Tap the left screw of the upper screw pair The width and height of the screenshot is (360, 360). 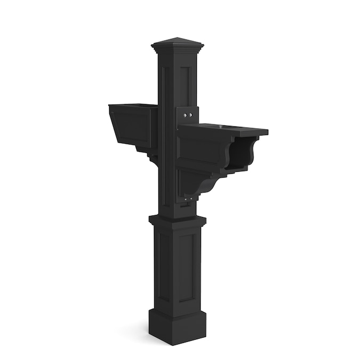[x=185, y=115]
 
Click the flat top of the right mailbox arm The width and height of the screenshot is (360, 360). [x=229, y=129]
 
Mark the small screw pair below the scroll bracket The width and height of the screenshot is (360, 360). [x=188, y=199]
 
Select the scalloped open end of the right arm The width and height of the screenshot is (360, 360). [x=243, y=152]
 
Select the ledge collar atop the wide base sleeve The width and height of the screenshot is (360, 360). [x=177, y=220]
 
